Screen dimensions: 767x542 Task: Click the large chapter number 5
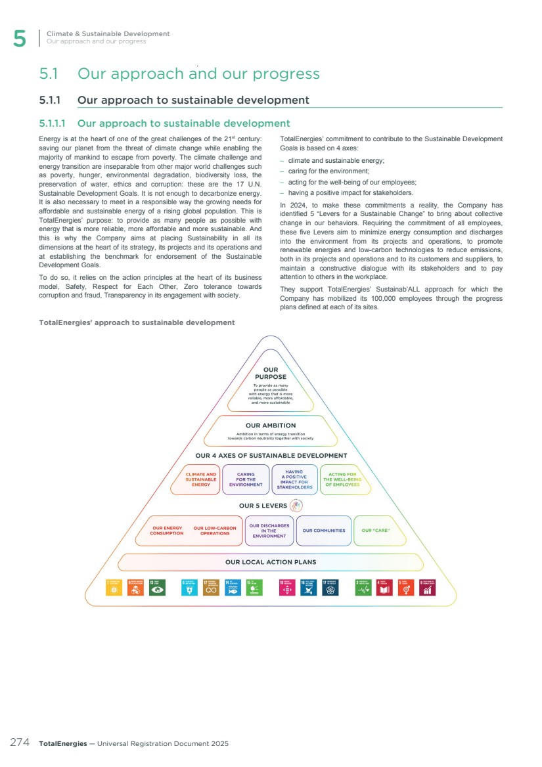[20, 39]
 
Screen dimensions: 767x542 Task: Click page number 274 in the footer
[20, 743]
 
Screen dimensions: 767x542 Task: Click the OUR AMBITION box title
[271, 426]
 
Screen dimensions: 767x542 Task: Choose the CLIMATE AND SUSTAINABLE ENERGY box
[201, 479]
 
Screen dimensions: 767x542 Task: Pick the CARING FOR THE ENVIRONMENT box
[246, 479]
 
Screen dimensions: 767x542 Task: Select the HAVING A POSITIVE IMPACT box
[294, 479]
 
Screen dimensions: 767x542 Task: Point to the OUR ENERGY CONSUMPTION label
[167, 531]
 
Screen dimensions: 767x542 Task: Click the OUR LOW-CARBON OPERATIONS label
[215, 531]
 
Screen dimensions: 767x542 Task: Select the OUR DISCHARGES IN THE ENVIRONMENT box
[269, 531]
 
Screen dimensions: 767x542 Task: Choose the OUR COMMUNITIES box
[323, 531]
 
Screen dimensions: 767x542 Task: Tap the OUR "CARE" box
[376, 531]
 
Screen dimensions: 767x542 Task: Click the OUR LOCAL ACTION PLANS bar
[271, 562]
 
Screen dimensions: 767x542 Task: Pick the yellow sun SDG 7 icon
[114, 587]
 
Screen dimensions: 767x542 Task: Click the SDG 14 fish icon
[233, 587]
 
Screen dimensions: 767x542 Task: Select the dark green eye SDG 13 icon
[158, 587]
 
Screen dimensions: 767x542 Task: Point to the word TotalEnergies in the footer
[62, 743]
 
